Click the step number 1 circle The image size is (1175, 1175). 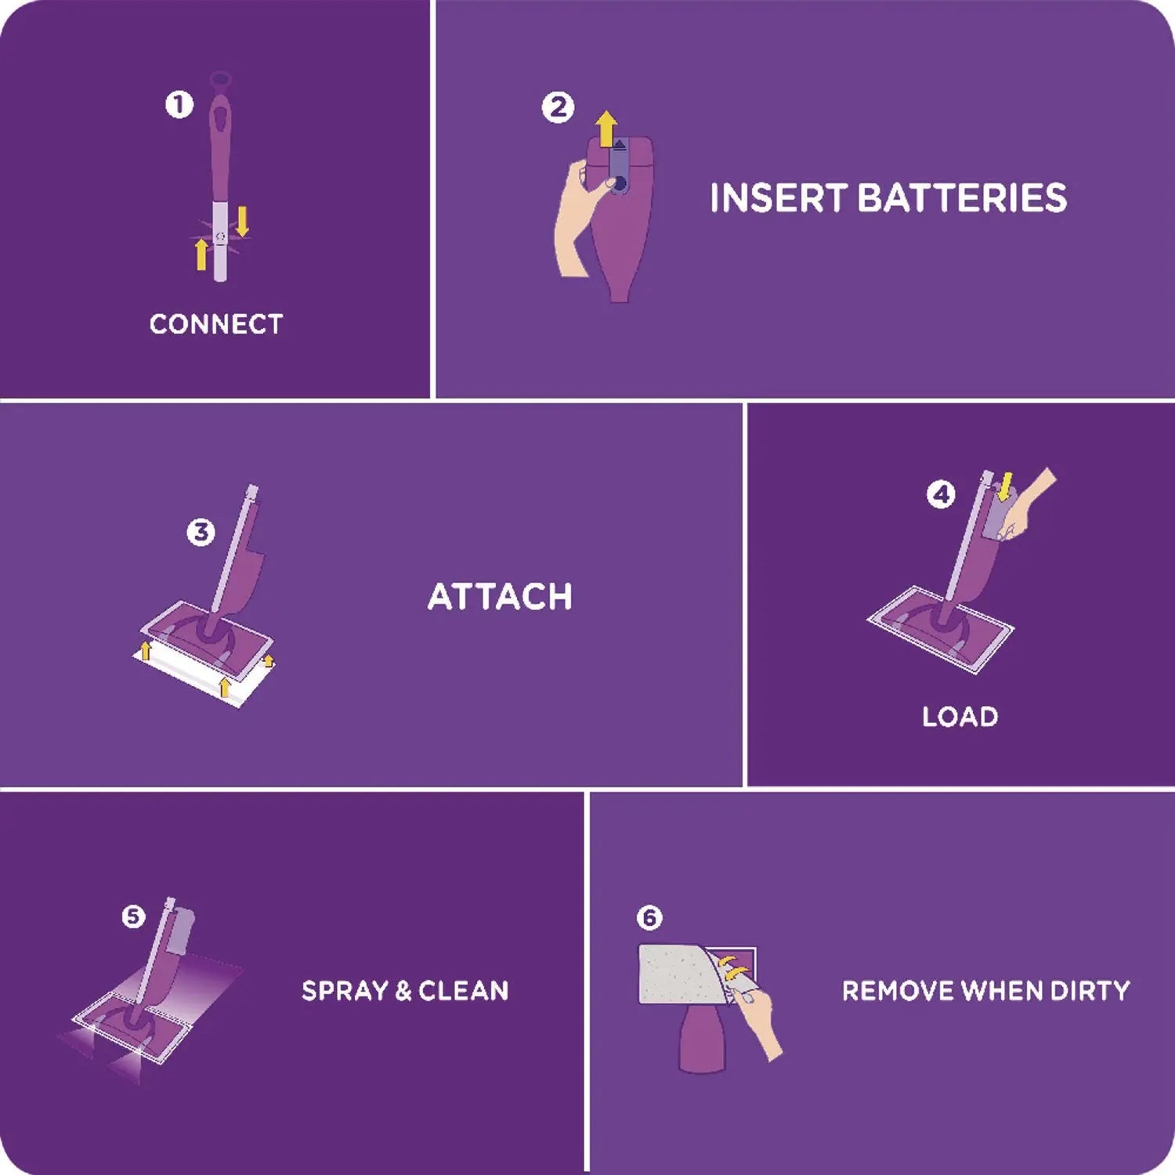point(179,104)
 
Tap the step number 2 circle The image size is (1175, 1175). point(558,107)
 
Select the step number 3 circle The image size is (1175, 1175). point(201,533)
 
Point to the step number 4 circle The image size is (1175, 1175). point(941,494)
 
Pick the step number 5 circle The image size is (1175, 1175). point(134,916)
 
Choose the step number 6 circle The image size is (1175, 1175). point(649,917)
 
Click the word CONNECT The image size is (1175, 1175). point(216,324)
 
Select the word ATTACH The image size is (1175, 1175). point(500,597)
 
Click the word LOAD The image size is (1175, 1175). point(960,717)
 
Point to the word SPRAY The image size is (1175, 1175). point(345,991)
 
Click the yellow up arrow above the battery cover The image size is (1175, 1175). point(606,129)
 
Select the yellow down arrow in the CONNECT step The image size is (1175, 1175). point(243,221)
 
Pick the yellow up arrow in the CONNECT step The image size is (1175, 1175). point(201,255)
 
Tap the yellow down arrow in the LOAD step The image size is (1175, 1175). point(1006,485)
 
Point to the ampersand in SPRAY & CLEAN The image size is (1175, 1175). point(403,991)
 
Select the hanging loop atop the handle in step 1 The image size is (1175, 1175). point(220,80)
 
